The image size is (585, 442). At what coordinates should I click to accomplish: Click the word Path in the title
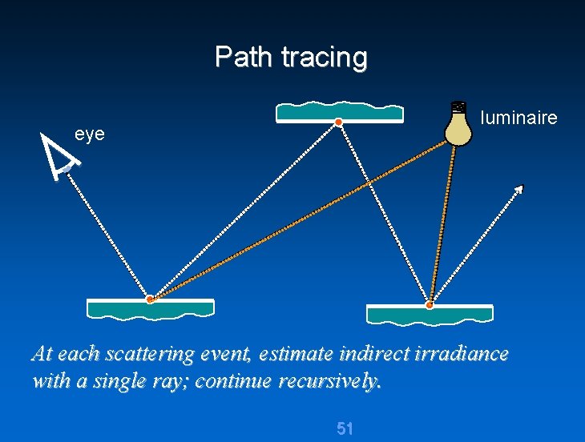(x=238, y=58)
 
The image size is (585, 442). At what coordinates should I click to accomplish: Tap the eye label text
(x=90, y=134)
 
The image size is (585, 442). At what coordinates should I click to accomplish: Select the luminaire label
(x=518, y=119)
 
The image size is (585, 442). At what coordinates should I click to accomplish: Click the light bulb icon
(x=458, y=125)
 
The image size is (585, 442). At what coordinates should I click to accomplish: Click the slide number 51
(x=345, y=428)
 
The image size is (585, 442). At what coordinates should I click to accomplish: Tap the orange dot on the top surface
(x=339, y=122)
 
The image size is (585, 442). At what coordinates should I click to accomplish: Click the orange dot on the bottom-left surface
(x=150, y=299)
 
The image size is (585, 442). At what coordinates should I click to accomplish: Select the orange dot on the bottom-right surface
(x=430, y=305)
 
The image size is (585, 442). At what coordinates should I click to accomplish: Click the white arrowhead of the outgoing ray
(x=519, y=189)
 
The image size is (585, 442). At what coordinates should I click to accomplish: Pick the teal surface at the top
(x=339, y=113)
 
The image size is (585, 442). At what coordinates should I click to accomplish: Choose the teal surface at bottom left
(x=150, y=309)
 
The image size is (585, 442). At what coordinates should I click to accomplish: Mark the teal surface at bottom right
(x=430, y=315)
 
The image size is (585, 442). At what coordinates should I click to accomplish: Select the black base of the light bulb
(x=458, y=106)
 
